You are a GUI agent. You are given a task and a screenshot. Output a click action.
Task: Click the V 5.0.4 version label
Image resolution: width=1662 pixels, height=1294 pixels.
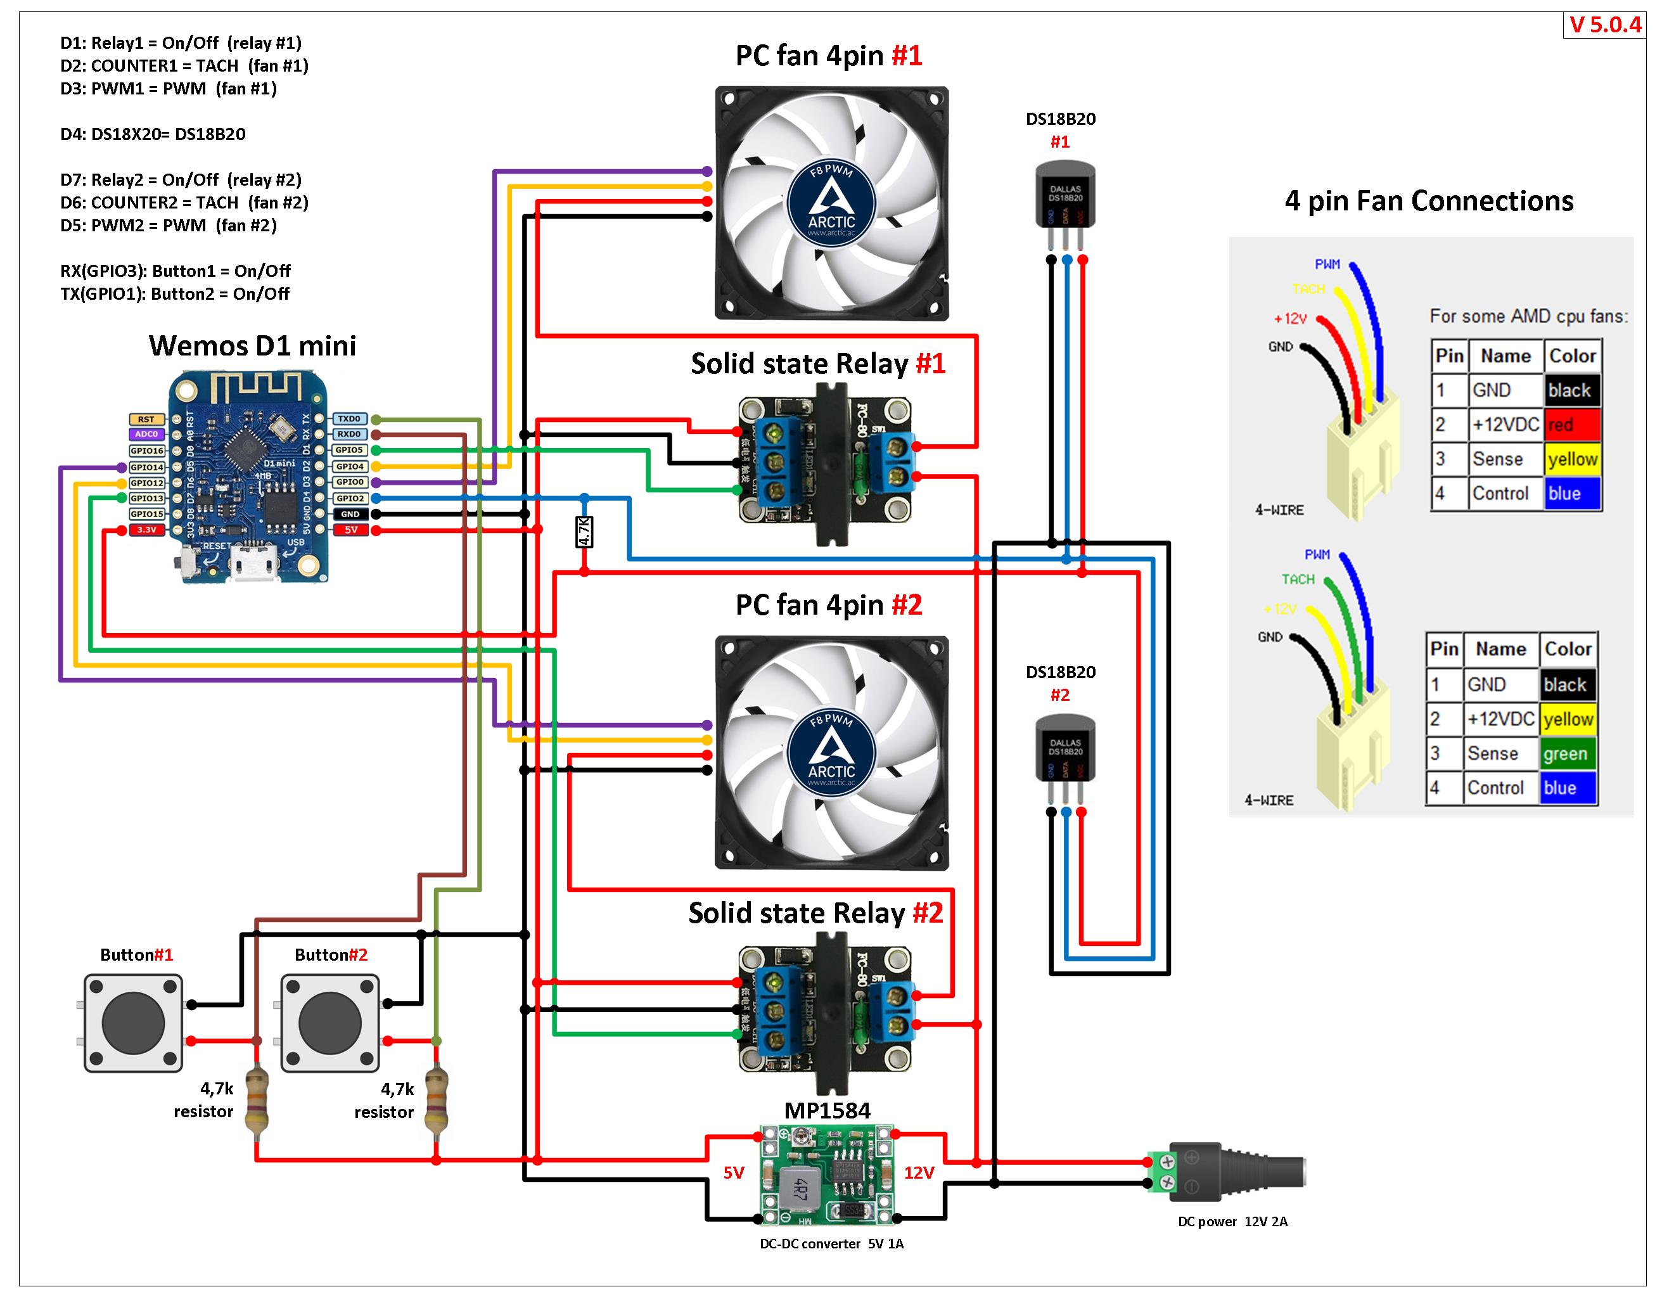(1605, 25)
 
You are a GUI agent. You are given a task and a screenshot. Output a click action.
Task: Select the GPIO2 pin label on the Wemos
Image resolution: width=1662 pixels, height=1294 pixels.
(350, 499)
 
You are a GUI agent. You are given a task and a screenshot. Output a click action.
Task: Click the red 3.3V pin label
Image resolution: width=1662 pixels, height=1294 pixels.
(146, 530)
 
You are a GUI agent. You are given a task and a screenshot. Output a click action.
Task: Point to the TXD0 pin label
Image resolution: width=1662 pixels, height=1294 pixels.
(349, 420)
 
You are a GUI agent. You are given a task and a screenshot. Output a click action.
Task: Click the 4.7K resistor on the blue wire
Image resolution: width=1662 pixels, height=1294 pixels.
(584, 531)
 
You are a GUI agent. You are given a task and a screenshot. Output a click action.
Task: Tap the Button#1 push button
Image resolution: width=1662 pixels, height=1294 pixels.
(133, 1023)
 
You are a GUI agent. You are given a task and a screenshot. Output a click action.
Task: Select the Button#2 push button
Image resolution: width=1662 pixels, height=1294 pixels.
(329, 1023)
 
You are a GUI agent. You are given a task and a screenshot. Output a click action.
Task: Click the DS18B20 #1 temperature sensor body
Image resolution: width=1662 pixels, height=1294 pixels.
(1064, 195)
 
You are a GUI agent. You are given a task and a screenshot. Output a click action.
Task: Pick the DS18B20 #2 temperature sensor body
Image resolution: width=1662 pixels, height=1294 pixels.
(1064, 749)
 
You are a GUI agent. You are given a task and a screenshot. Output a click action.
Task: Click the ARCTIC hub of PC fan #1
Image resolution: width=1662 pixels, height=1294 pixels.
(831, 203)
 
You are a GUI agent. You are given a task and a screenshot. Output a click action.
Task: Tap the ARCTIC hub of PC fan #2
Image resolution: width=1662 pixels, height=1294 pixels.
(831, 752)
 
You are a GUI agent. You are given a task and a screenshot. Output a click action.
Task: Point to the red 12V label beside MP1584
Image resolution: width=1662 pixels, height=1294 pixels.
(919, 1173)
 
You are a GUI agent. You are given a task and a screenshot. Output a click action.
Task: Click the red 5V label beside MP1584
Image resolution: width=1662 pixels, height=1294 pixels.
(734, 1173)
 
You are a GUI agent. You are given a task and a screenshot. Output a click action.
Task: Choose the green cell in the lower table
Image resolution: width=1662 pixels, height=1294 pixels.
(1568, 753)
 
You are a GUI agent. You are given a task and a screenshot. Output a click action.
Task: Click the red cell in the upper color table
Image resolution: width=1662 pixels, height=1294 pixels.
(1572, 425)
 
